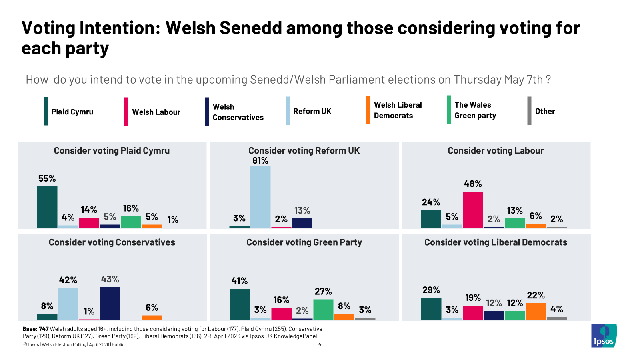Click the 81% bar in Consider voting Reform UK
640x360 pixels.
coord(260,197)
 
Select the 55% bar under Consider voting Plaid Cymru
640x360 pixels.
coord(47,207)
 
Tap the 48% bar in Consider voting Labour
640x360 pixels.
coord(473,210)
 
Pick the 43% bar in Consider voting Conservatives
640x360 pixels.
coord(110,303)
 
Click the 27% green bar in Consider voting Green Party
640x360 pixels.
coord(323,310)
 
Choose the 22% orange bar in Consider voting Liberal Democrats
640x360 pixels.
coord(536,312)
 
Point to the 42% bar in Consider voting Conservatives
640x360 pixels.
coord(68,304)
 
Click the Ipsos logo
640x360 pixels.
coord(604,336)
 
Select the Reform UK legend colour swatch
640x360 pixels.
coord(288,111)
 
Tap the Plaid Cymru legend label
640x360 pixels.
coord(72,112)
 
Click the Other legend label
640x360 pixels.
coord(545,111)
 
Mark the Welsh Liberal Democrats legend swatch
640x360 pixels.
coord(368,110)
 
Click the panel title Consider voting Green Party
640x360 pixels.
coord(304,242)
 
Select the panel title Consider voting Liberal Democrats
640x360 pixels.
coord(496,242)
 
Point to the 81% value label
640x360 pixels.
coord(260,161)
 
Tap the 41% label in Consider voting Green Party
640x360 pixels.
coord(240,281)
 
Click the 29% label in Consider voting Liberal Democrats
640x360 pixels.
coord(431,290)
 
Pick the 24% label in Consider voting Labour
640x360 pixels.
coord(431,202)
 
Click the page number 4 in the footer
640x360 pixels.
coord(320,344)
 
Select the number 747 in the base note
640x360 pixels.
coord(44,329)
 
